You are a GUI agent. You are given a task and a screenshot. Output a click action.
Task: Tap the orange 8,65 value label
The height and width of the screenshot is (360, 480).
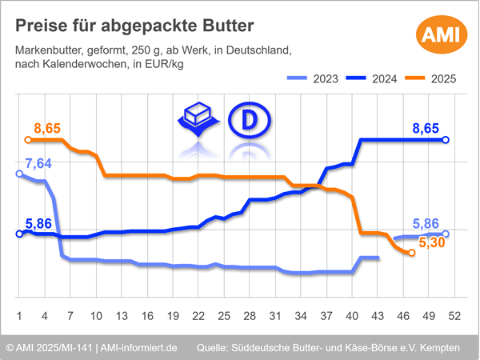click(x=48, y=128)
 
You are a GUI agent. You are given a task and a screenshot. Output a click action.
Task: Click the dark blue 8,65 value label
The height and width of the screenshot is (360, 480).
click(x=425, y=128)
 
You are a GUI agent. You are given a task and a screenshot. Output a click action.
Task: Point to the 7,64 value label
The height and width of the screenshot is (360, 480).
click(x=38, y=163)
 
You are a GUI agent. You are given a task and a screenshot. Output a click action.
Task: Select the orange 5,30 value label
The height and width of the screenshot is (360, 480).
click(x=432, y=242)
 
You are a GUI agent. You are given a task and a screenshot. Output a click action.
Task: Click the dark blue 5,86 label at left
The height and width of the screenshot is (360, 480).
click(x=39, y=225)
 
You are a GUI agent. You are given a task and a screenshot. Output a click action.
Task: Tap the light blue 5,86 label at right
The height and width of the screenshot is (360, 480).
click(x=425, y=225)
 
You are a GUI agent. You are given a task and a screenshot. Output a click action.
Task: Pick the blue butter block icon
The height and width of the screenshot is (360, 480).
click(x=197, y=119)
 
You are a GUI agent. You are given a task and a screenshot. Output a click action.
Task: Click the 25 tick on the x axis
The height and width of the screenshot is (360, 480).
click(x=224, y=316)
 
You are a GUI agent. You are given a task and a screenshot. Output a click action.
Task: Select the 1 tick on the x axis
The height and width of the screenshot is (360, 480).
click(x=18, y=316)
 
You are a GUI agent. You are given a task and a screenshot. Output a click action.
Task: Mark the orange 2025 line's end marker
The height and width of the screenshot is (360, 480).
click(x=411, y=253)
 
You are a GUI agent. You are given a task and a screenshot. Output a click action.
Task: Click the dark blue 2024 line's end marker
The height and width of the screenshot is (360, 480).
click(x=446, y=140)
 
